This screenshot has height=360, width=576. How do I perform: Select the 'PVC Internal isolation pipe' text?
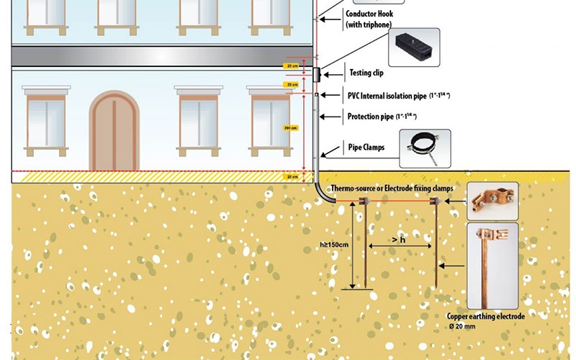392,95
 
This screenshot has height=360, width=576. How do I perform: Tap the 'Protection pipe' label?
382,117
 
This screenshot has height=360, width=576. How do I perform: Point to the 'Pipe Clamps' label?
366,148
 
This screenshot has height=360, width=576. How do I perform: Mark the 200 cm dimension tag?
291,127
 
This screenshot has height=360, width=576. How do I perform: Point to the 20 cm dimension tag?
291,176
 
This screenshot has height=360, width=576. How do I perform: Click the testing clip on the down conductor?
316,73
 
